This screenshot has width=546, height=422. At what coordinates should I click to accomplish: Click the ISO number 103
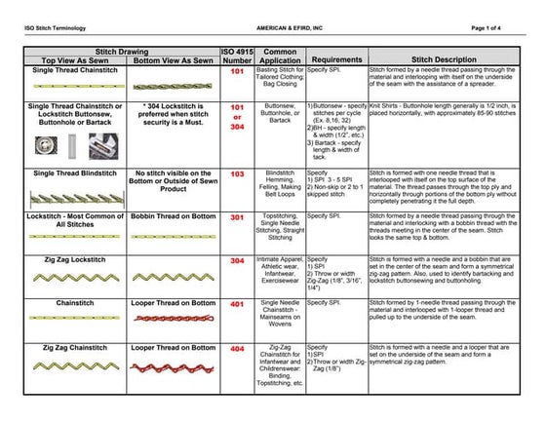236,174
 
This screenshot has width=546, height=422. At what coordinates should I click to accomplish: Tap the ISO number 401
236,304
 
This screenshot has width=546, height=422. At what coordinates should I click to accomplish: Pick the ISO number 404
236,349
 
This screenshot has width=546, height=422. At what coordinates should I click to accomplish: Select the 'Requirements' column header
337,58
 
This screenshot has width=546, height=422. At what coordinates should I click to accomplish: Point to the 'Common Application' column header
280,54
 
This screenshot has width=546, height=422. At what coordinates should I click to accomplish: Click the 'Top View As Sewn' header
74,59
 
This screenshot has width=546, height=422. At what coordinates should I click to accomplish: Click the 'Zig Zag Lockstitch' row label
74,260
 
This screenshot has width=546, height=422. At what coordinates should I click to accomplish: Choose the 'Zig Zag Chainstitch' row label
74,347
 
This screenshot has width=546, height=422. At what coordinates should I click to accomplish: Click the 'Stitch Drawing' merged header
123,49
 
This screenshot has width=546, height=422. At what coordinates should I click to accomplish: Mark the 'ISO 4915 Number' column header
236,54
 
